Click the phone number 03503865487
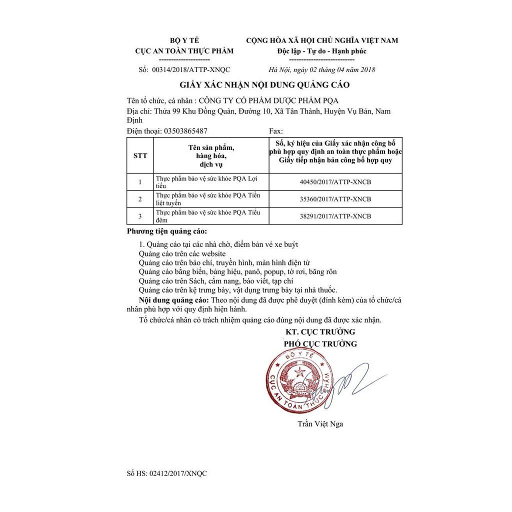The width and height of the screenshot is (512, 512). coord(183,131)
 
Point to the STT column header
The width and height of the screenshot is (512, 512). coord(140,155)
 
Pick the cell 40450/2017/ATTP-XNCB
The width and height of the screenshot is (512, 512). coord(333,181)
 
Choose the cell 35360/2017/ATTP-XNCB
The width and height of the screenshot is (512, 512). coord(333,199)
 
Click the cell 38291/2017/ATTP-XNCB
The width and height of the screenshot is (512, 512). coord(333,216)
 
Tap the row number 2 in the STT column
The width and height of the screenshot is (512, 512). coord(140,199)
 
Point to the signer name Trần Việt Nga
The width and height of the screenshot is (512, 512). coord(320,424)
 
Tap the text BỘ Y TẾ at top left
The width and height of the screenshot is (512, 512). coord(184,40)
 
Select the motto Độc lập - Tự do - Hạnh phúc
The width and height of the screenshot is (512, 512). coord(322,51)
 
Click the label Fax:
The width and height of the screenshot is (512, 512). coord(276,131)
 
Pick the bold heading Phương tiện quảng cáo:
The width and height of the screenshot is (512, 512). coord(166,232)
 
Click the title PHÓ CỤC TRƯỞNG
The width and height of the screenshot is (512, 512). coord(320,344)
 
